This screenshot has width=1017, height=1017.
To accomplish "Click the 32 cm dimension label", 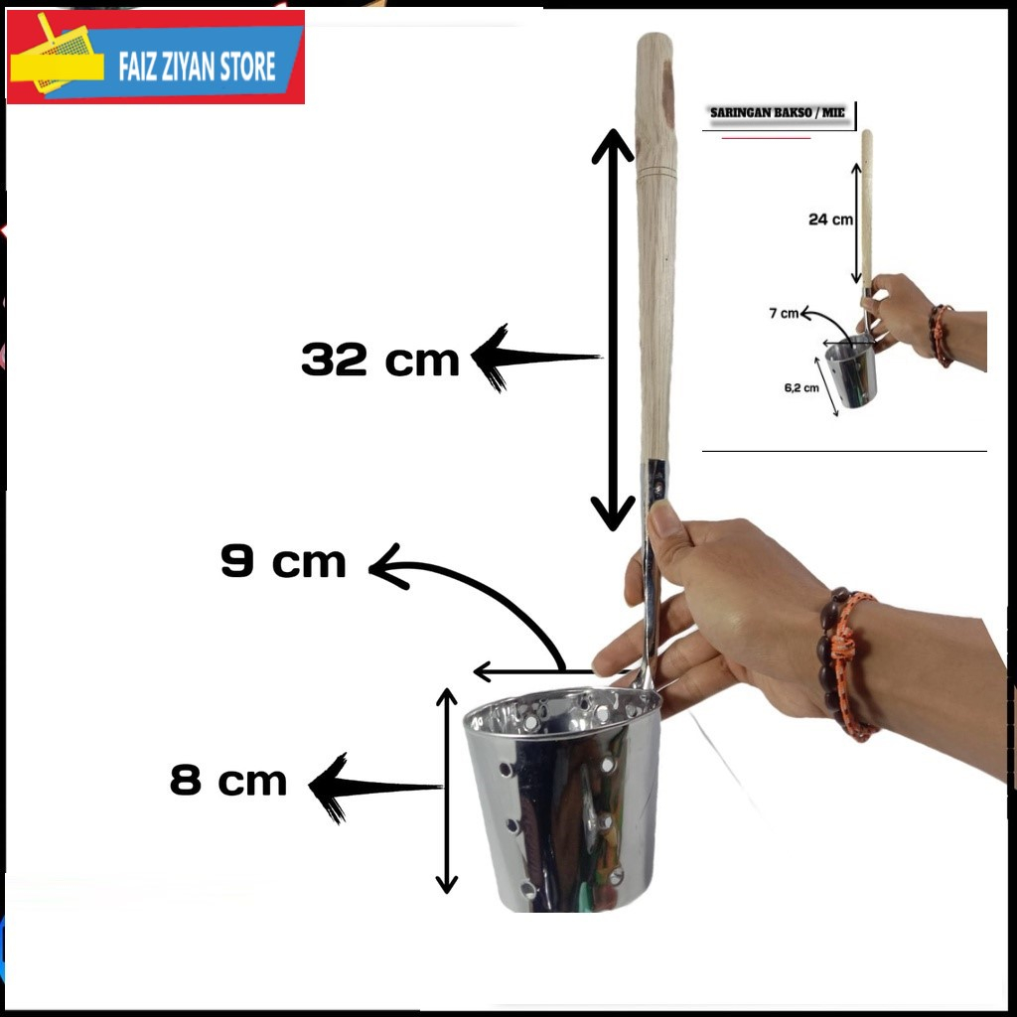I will click(380, 360).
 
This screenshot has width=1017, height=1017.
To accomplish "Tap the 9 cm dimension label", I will click(284, 562).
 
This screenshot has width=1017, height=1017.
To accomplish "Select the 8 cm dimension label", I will click(228, 781).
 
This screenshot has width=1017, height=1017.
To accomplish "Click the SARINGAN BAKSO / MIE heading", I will click(778, 113).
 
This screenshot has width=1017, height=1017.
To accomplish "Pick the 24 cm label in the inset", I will click(830, 219).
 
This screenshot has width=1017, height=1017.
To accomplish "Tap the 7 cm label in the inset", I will click(784, 314).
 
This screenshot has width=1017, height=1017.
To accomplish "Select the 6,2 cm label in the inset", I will click(800, 388).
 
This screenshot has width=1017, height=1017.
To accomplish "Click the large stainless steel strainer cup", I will click(562, 799).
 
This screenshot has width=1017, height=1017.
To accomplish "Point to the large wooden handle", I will click(655, 248).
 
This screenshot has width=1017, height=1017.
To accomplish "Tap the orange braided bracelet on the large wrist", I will click(852, 665).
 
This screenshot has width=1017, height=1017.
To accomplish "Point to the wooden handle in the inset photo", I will click(867, 209).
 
